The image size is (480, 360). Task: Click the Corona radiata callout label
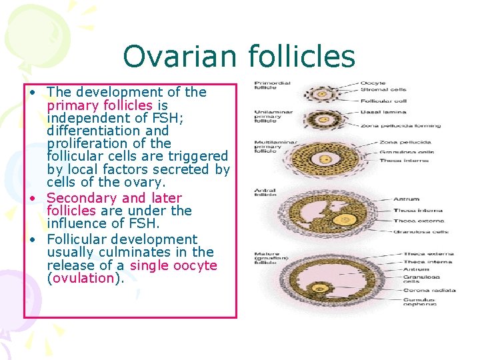pos(429,290)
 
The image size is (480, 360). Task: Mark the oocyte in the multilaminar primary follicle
pos(326,160)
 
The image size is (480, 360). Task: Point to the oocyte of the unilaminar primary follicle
pos(325,119)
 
